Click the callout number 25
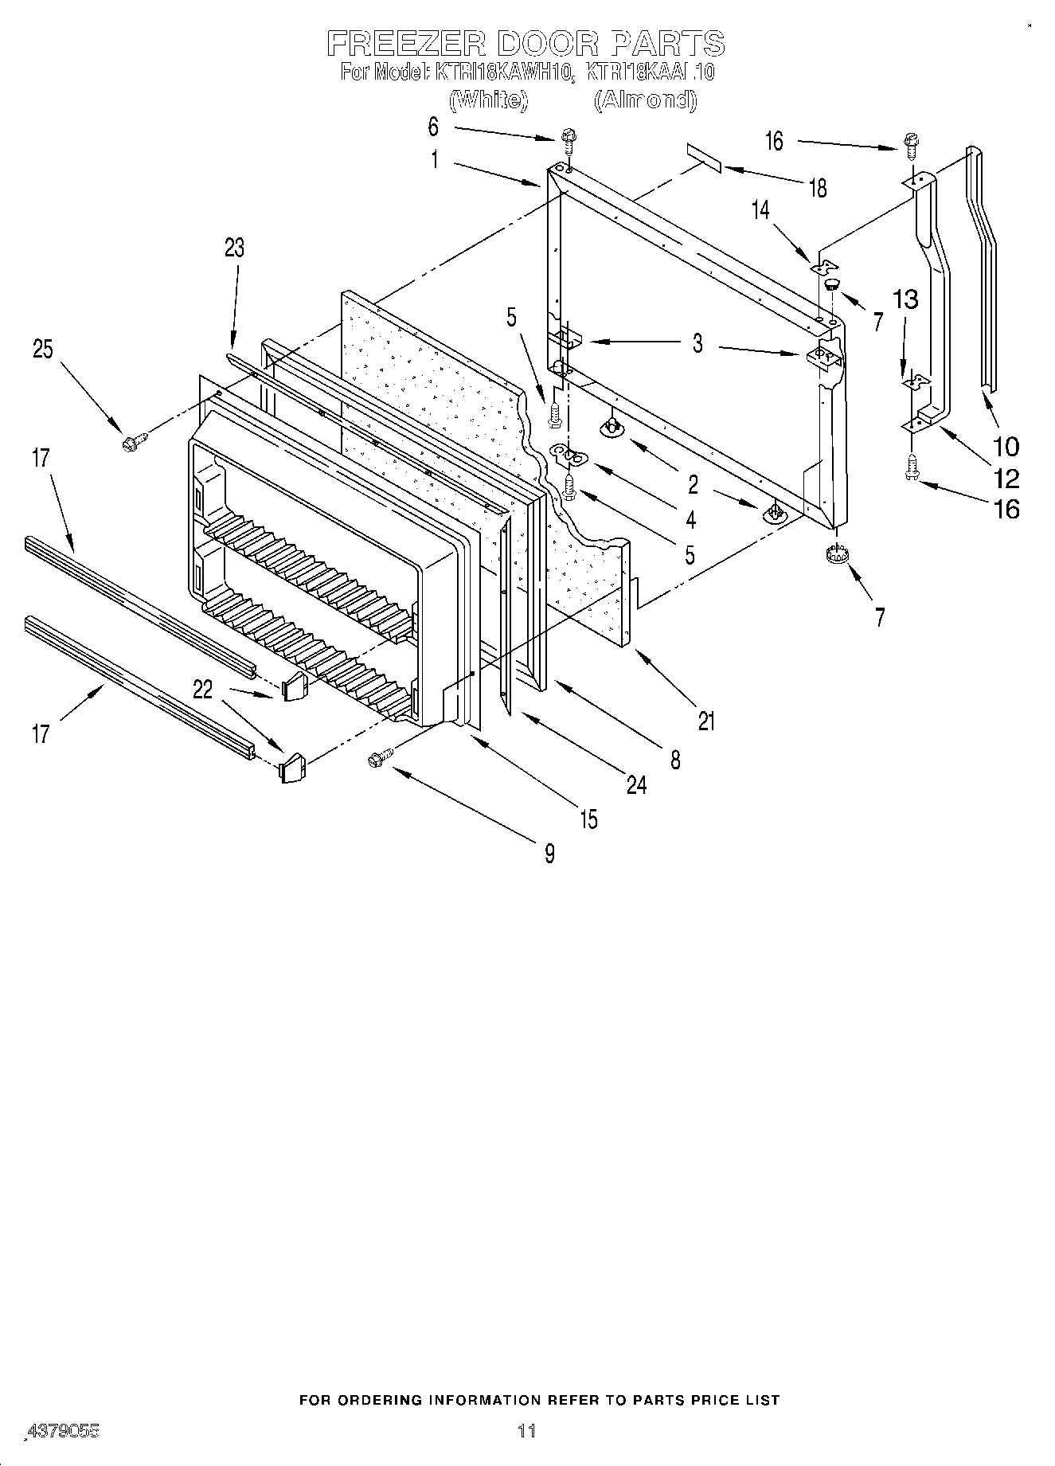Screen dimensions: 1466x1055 tap(43, 349)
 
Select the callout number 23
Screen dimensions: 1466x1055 tap(234, 248)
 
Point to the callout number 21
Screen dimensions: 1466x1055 tap(706, 721)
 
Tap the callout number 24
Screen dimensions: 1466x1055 tap(636, 785)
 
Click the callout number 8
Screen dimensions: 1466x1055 tap(675, 760)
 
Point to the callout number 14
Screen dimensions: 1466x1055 tap(760, 209)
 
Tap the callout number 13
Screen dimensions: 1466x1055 tap(906, 300)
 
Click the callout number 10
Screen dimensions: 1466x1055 tap(1006, 446)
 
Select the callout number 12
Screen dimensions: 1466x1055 tap(1006, 478)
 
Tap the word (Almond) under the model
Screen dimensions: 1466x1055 tap(646, 100)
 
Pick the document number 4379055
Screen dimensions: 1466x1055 tap(63, 1430)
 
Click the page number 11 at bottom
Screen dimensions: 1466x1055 tap(526, 1430)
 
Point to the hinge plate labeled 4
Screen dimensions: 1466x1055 tap(570, 455)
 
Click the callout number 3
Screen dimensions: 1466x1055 tap(697, 343)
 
